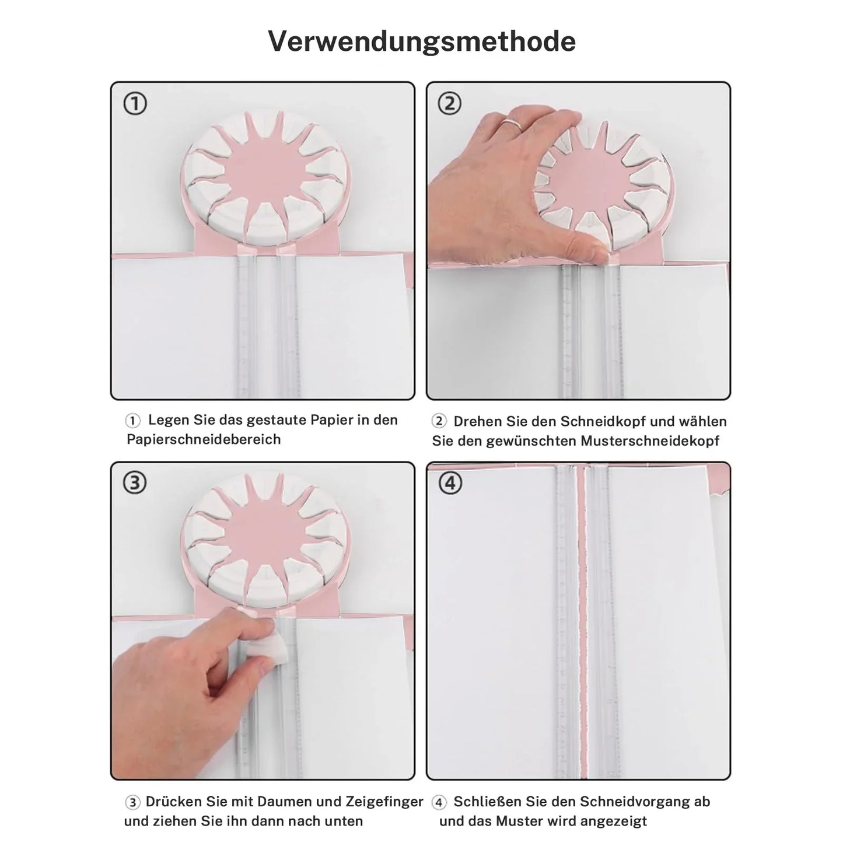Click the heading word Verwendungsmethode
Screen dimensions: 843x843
click(421, 41)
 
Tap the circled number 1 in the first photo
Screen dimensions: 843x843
click(135, 104)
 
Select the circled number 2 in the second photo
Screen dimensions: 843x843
click(450, 104)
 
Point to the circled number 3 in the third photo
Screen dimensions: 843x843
click(135, 483)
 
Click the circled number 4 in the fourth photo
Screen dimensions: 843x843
click(450, 483)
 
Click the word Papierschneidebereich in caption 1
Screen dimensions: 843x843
click(204, 439)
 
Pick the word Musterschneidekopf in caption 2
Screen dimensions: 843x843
click(650, 441)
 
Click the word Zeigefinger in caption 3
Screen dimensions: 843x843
click(384, 802)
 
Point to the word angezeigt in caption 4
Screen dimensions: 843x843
click(610, 821)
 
